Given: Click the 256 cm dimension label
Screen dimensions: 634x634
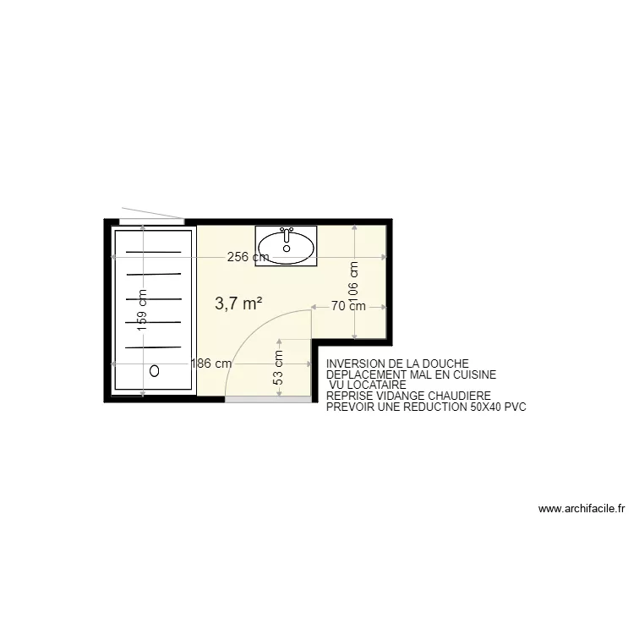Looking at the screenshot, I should tap(249, 257).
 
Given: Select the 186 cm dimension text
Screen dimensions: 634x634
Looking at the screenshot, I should tap(211, 364).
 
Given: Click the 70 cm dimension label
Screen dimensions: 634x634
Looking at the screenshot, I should tap(348, 306).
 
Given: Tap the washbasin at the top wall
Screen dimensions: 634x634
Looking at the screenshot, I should tap(286, 245).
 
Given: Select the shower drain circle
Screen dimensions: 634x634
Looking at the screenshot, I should tap(155, 370).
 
